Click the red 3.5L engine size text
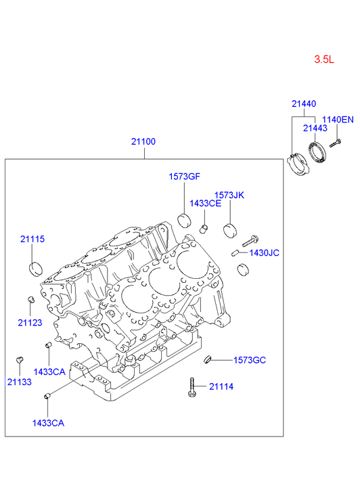324,60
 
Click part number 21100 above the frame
143,141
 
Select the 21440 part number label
304,104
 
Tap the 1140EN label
338,120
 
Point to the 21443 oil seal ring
317,152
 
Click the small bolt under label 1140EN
335,143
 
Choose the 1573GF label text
184,177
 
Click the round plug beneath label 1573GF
185,220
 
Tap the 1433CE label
205,203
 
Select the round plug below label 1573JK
230,230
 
